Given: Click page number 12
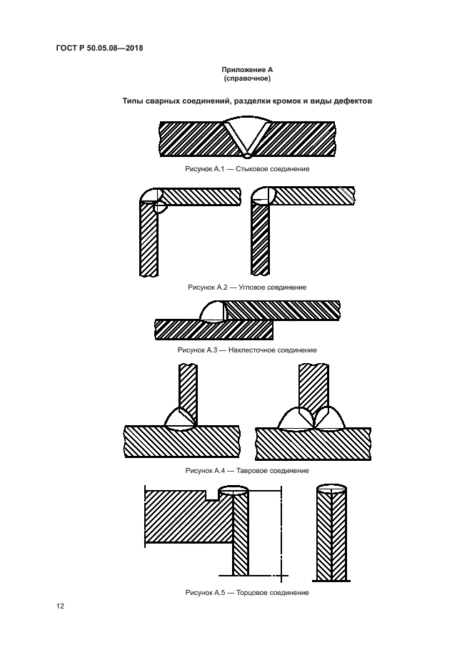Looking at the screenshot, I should point(61,606).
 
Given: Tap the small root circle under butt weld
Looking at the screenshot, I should point(247,153).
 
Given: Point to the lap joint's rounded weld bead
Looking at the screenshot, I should point(212,311).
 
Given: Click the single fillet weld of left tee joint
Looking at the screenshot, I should point(178,418).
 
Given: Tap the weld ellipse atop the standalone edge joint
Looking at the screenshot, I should point(331,489).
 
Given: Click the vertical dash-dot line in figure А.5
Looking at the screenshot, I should point(281,535).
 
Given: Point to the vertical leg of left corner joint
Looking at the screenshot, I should point(149,243).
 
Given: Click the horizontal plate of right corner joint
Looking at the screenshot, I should point(313,195).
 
